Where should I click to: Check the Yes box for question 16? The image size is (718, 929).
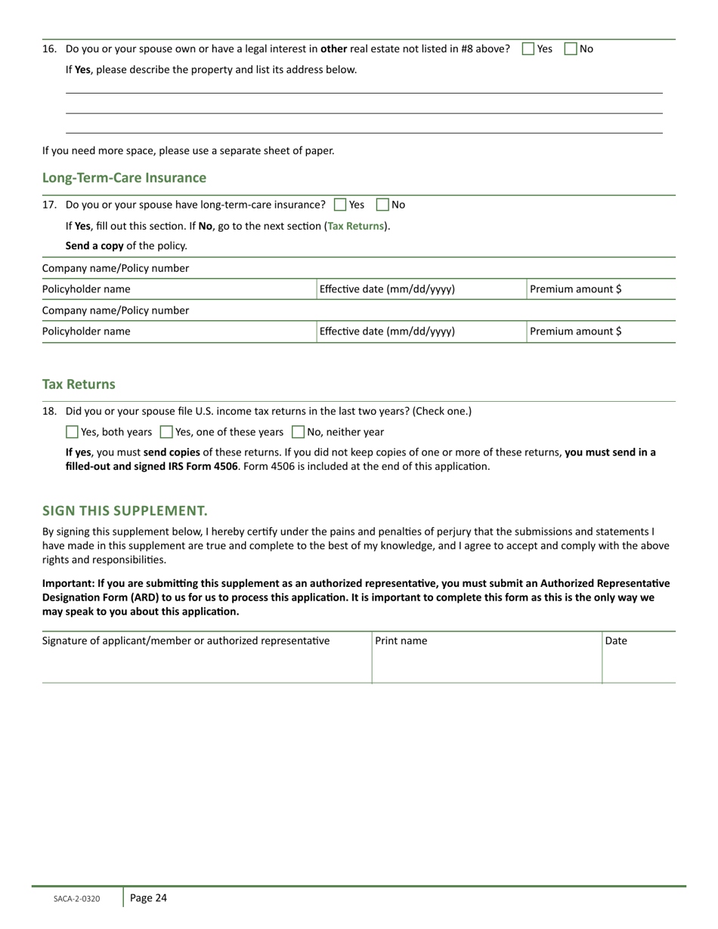coord(528,49)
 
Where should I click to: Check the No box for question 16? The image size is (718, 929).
coord(571,49)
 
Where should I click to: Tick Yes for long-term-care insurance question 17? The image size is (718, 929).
coord(340,205)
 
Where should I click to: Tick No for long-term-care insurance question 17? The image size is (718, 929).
coord(382,205)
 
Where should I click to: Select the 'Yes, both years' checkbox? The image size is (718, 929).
coord(72,432)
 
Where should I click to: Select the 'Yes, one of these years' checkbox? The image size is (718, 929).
coord(166,432)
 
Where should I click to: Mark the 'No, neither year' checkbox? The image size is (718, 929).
coord(298,432)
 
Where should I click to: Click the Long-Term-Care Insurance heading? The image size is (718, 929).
coord(124,178)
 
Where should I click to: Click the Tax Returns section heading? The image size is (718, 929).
coord(79,384)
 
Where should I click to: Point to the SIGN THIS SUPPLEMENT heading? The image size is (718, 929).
coord(125,511)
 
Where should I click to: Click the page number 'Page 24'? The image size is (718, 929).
coord(148,898)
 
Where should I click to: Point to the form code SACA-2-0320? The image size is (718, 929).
coord(76,899)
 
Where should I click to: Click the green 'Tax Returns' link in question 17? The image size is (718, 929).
coord(355,226)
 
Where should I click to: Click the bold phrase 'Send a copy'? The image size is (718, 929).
coord(94,245)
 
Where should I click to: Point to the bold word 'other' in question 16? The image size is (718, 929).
coord(333,49)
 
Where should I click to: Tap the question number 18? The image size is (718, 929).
coord(49,412)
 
